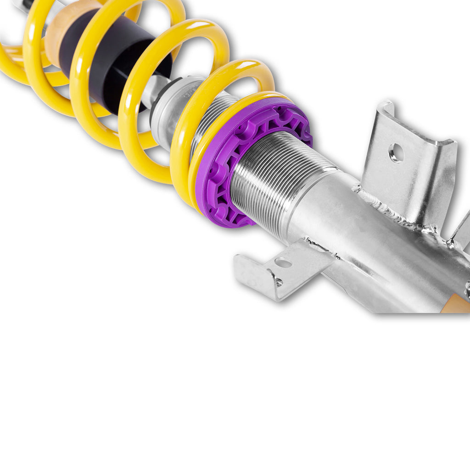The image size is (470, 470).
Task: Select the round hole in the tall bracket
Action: point(396,153)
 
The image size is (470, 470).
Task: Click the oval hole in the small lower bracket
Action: point(283,263)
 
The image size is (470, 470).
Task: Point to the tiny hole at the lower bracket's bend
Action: point(278,282)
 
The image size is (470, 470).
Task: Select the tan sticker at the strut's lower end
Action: point(457,305)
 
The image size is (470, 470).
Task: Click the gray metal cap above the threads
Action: point(170,110)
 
